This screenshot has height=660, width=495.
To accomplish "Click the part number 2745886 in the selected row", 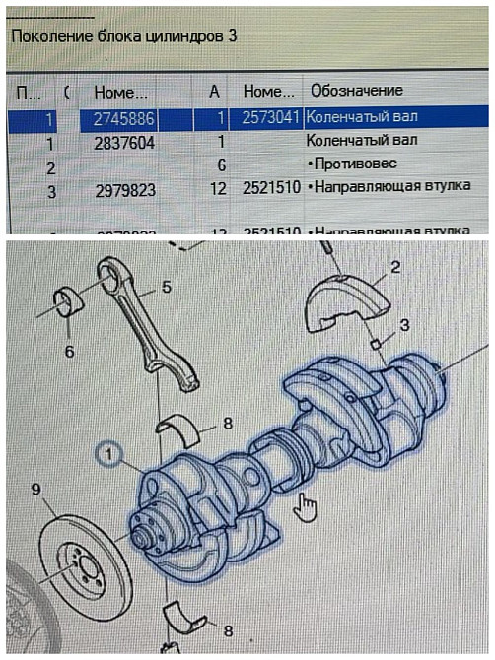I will (x=126, y=117).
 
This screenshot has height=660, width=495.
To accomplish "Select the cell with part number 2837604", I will (x=126, y=142).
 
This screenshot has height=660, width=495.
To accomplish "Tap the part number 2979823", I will (x=126, y=190).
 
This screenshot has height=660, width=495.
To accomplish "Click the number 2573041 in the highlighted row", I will (x=269, y=117).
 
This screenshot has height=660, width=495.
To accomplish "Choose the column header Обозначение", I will (x=356, y=91).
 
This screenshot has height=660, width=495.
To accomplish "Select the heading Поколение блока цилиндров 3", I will (x=123, y=35).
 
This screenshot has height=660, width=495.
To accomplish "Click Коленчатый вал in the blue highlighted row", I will (x=361, y=117).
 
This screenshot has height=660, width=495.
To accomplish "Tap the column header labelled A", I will (x=215, y=91).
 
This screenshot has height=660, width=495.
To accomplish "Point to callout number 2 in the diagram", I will (x=395, y=266).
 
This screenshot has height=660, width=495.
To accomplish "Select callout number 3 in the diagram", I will (x=404, y=324).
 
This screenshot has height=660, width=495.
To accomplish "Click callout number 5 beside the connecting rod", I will (x=166, y=288).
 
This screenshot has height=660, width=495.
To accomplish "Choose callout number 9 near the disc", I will (x=35, y=489).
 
